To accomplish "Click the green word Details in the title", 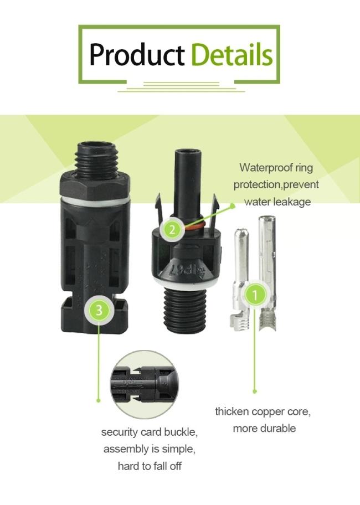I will coord(232,55).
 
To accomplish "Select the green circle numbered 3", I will coord(99,310).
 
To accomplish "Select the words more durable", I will coord(264,428).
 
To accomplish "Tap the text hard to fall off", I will coord(150,466).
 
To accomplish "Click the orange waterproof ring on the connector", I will coord(194,226).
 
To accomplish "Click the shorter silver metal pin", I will coord(240,277).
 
